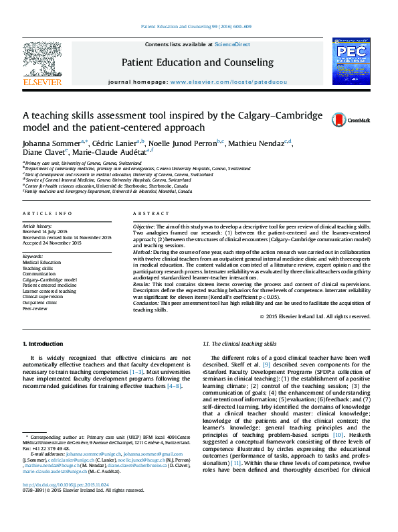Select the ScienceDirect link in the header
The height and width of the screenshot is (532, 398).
click(x=232, y=44)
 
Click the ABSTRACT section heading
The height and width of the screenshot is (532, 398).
click(x=146, y=213)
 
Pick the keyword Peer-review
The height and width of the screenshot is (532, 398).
click(x=35, y=309)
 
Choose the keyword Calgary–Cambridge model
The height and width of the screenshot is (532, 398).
click(x=49, y=279)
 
